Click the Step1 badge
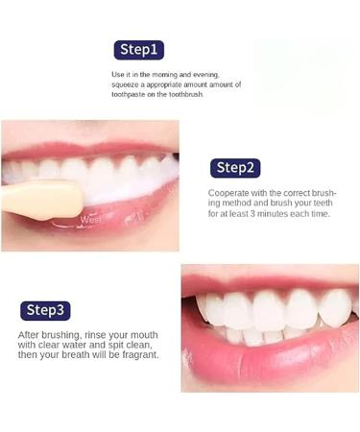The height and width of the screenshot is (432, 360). tap(139, 50)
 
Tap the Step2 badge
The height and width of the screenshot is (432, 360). tap(236, 168)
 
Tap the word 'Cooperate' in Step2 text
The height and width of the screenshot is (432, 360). tap(229, 193)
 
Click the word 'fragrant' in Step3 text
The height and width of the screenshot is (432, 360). tap(137, 354)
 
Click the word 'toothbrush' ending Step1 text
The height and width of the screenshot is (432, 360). tap(209, 95)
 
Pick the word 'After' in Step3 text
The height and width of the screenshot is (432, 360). tap(30, 334)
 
